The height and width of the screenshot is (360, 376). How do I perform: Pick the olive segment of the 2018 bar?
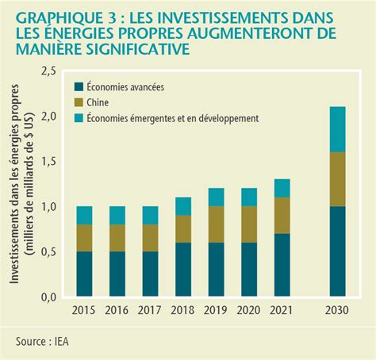(183, 229)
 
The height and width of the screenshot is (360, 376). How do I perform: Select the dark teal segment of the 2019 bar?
(214, 270)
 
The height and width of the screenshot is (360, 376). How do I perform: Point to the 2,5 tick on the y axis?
(48, 71)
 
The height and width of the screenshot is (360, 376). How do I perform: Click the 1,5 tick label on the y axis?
(48, 162)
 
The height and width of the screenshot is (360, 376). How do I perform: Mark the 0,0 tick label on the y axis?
(48, 297)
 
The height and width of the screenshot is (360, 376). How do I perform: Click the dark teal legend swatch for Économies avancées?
(79, 86)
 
